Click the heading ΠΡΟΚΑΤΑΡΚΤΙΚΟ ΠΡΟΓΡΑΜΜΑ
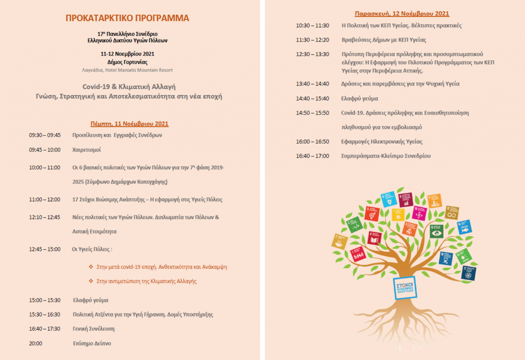coord(127,18)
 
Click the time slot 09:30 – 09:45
coord(45,135)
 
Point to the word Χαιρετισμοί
coord(87,150)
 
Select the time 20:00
coord(35,343)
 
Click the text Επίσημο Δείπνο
coord(92,343)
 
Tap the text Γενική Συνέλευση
coord(93,329)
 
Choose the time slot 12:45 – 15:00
coord(45,249)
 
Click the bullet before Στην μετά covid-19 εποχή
coord(91,267)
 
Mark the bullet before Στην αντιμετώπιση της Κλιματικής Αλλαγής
coord(91,281)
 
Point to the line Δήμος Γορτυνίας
coord(127,62)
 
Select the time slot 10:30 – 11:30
coord(312,25)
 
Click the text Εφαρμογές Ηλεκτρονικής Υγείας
coord(382,141)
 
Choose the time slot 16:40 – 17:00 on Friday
coord(312,155)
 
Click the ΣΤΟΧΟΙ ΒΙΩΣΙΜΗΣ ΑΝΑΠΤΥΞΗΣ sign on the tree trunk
coord(404,285)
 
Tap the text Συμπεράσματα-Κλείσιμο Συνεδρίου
coord(386,155)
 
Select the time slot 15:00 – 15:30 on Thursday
coord(45,300)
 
